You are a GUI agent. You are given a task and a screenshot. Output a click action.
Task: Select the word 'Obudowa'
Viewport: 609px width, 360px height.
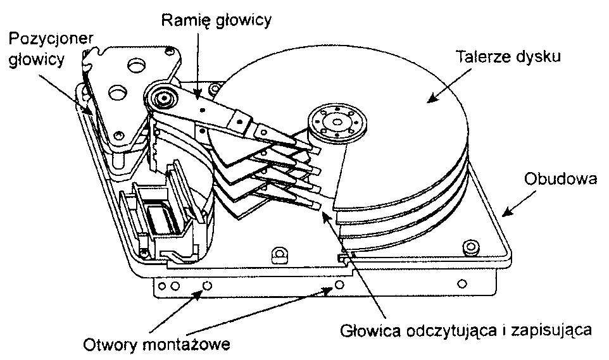coord(561,179)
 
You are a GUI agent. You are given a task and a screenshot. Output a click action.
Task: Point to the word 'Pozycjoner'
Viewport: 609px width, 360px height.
coord(52,40)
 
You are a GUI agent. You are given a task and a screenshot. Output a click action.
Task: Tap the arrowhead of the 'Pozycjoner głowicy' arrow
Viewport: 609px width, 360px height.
coord(91,112)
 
